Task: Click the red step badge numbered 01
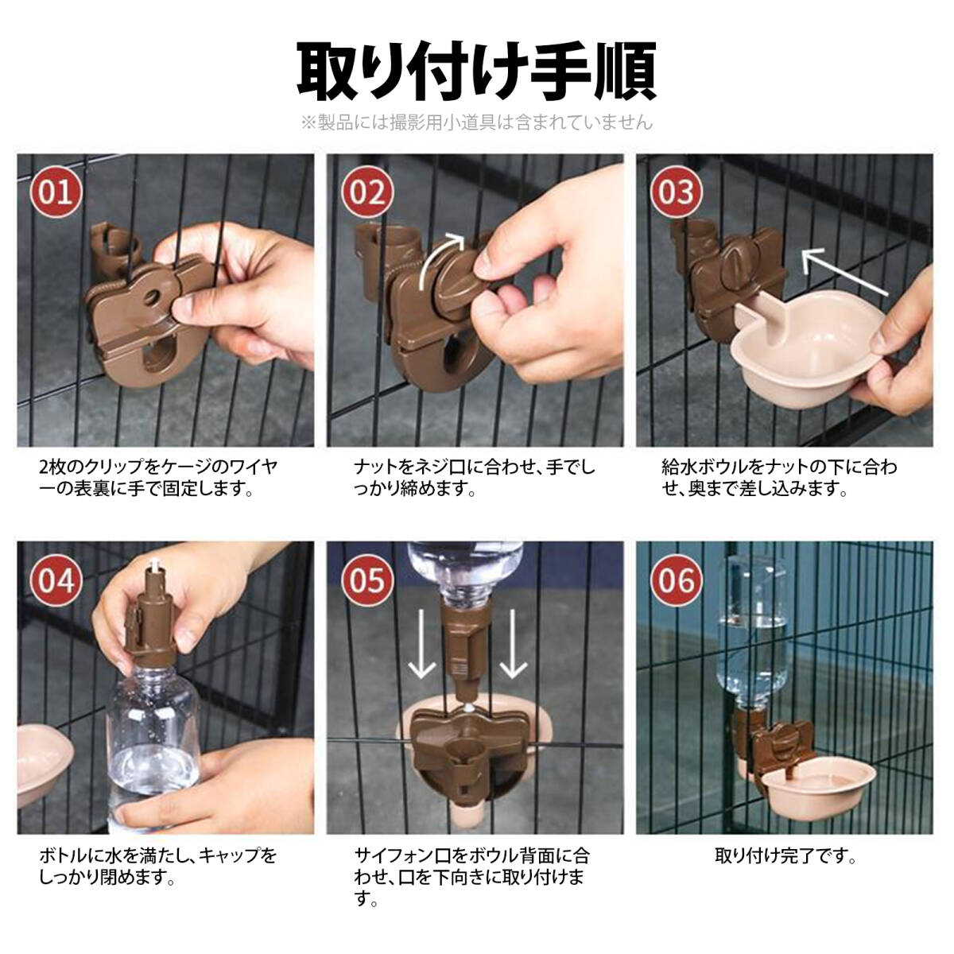[x=55, y=192]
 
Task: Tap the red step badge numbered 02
[x=366, y=192]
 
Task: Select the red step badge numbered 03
[x=677, y=192]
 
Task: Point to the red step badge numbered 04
[x=55, y=580]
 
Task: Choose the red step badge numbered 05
[x=366, y=580]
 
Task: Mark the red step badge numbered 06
[x=677, y=580]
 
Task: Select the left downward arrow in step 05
[x=422, y=645]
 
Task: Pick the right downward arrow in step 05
[x=513, y=645]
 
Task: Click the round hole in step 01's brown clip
[x=152, y=297]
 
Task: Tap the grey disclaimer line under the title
[x=477, y=122]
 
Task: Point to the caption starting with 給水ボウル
[x=779, y=478]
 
